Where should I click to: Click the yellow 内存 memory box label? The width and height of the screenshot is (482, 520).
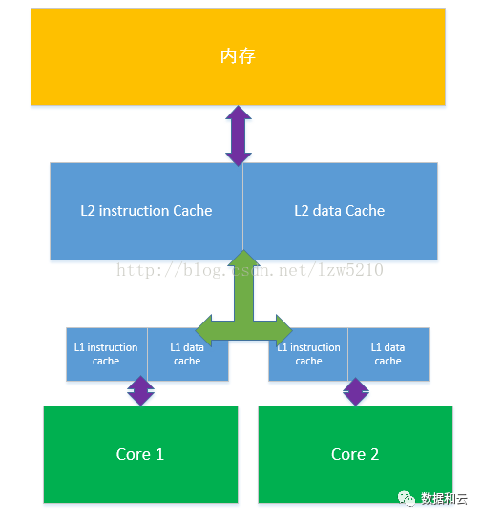pyautogui.click(x=238, y=56)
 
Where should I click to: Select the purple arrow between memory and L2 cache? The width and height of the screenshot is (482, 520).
pyautogui.click(x=239, y=135)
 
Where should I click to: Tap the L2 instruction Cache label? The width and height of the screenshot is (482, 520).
pyautogui.click(x=146, y=211)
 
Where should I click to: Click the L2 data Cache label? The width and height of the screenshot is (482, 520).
pyautogui.click(x=340, y=211)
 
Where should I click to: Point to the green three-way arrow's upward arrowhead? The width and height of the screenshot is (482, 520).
pyautogui.click(x=243, y=258)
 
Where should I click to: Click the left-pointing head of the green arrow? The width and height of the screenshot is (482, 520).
pyautogui.click(x=203, y=331)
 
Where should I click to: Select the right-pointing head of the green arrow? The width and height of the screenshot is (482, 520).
pyautogui.click(x=284, y=331)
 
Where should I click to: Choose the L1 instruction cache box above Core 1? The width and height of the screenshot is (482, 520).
pyautogui.click(x=107, y=354)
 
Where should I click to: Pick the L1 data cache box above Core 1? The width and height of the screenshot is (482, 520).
pyautogui.click(x=188, y=354)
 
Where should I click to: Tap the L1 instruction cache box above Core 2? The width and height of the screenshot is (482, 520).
pyautogui.click(x=308, y=354)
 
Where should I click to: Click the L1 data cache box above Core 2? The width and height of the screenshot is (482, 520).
pyautogui.click(x=388, y=354)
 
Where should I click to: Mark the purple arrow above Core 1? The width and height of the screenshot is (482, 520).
pyautogui.click(x=140, y=390)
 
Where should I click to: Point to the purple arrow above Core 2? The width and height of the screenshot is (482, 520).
pyautogui.click(x=356, y=391)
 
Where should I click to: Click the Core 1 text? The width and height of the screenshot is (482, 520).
pyautogui.click(x=140, y=454)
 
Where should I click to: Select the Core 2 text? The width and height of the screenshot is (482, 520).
pyautogui.click(x=355, y=454)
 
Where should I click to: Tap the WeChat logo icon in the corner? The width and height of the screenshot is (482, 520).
pyautogui.click(x=407, y=498)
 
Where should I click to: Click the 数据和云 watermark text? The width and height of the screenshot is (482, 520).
pyautogui.click(x=444, y=498)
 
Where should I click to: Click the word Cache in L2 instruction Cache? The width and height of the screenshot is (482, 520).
pyautogui.click(x=193, y=211)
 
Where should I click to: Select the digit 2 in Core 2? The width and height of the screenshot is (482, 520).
pyautogui.click(x=374, y=454)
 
